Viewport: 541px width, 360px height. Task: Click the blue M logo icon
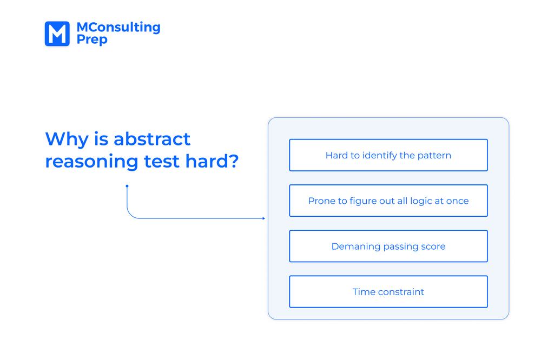pos(57,34)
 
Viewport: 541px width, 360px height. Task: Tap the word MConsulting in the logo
pos(118,27)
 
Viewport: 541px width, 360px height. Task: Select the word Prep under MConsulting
pos(92,39)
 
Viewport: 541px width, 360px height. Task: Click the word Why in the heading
pos(67,139)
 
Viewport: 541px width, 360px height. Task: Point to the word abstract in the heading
pos(152,139)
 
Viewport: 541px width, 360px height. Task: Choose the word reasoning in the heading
pos(91,162)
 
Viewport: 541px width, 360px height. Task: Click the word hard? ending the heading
pos(212,161)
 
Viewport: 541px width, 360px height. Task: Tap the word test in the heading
pos(161,162)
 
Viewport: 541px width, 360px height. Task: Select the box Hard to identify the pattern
pos(388,155)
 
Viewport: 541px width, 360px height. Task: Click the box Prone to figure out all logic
pos(388,201)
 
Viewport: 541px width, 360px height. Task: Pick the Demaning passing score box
pos(388,246)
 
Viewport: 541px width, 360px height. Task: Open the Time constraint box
pos(388,292)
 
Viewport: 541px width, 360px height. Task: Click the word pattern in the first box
pos(434,156)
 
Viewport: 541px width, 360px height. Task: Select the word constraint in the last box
pos(401,292)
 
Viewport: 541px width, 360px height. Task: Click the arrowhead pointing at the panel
pos(263,218)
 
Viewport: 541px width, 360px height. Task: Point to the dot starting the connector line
pos(127,186)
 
